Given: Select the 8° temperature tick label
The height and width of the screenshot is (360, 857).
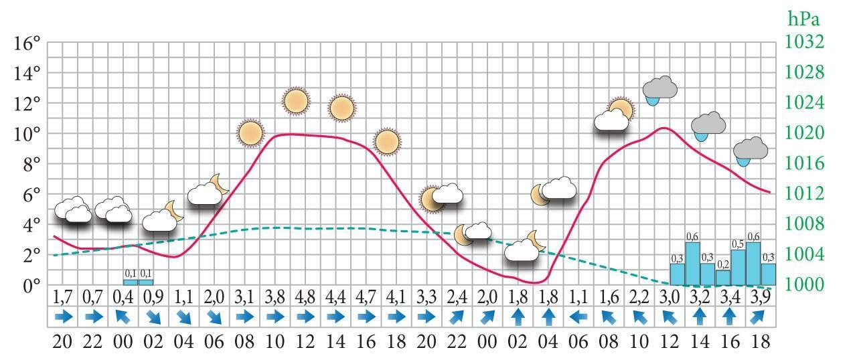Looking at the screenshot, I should [x=27, y=165].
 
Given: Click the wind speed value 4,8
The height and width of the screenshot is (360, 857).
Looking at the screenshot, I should [x=305, y=296].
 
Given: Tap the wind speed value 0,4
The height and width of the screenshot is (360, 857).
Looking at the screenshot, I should [x=123, y=296].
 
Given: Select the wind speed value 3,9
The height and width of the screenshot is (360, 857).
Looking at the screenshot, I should [x=760, y=296].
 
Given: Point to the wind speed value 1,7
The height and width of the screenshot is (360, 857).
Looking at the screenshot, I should [x=63, y=296].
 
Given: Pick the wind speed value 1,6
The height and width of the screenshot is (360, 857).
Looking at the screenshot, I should [x=608, y=296].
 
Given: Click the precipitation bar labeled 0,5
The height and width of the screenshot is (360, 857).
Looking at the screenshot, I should [x=738, y=267].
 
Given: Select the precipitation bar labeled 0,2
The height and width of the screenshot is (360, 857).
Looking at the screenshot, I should [x=723, y=277].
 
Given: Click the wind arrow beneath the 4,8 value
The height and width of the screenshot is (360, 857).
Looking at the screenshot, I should [x=305, y=316].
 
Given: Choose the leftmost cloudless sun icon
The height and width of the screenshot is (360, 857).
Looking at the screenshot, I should [x=249, y=133].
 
